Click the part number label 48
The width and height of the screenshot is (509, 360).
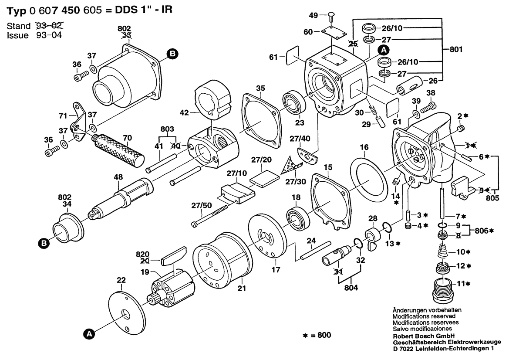(x=118, y=177)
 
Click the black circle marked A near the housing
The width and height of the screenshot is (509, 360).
(x=383, y=49)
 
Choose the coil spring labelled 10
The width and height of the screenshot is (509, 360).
(x=444, y=252)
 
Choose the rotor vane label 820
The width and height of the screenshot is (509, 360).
(x=142, y=254)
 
